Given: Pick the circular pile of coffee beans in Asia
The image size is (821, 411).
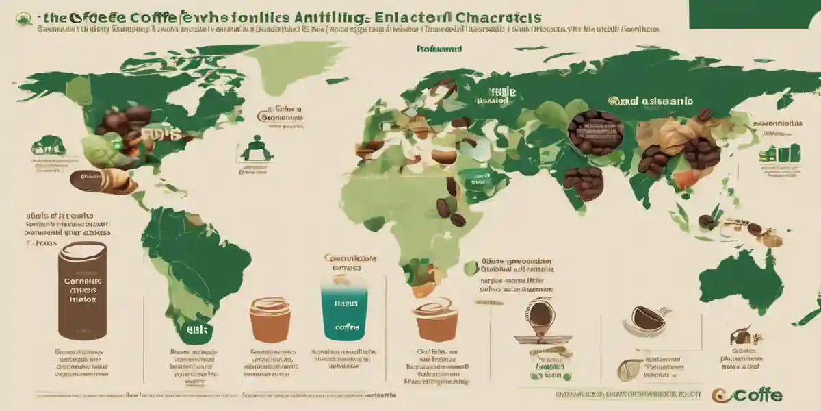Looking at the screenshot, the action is point(595,132).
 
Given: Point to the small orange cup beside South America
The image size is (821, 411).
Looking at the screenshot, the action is point(270,319).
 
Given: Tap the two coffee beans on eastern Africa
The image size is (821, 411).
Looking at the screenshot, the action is point(451,212).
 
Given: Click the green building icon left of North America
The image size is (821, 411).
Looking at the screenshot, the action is point(48,145).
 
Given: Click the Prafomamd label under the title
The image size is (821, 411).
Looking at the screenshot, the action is point(438,49).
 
